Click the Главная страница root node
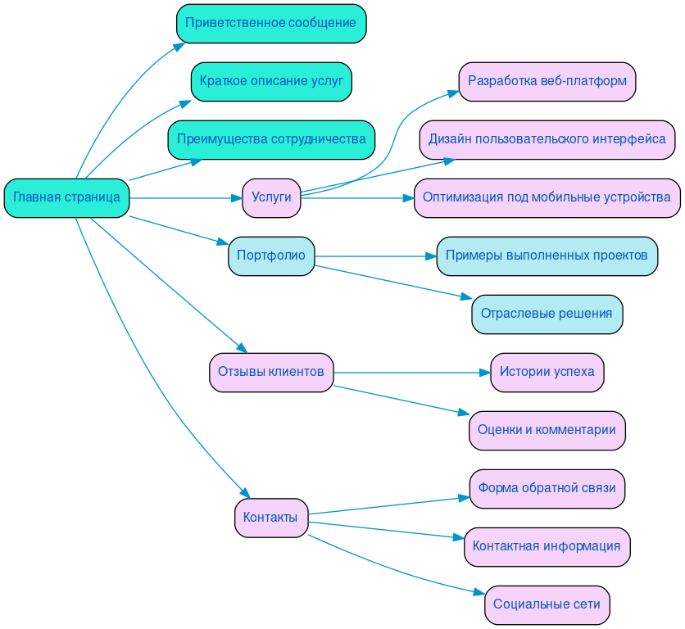click(66, 197)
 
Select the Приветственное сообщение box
click(270, 23)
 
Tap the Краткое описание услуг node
click(271, 81)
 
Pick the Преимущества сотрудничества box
click(271, 139)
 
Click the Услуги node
click(271, 197)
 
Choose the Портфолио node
click(271, 256)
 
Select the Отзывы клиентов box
click(271, 372)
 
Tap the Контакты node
click(271, 518)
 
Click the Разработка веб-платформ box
click(547, 81)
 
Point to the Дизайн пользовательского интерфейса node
click(547, 139)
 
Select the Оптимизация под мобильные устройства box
click(547, 197)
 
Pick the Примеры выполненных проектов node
click(547, 256)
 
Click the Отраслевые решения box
click(547, 314)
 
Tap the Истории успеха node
click(547, 372)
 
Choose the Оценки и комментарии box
click(547, 430)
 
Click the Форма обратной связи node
click(547, 488)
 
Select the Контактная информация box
click(547, 546)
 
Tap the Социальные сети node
click(547, 604)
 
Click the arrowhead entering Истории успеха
click(484, 373)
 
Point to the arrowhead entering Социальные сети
click(479, 593)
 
